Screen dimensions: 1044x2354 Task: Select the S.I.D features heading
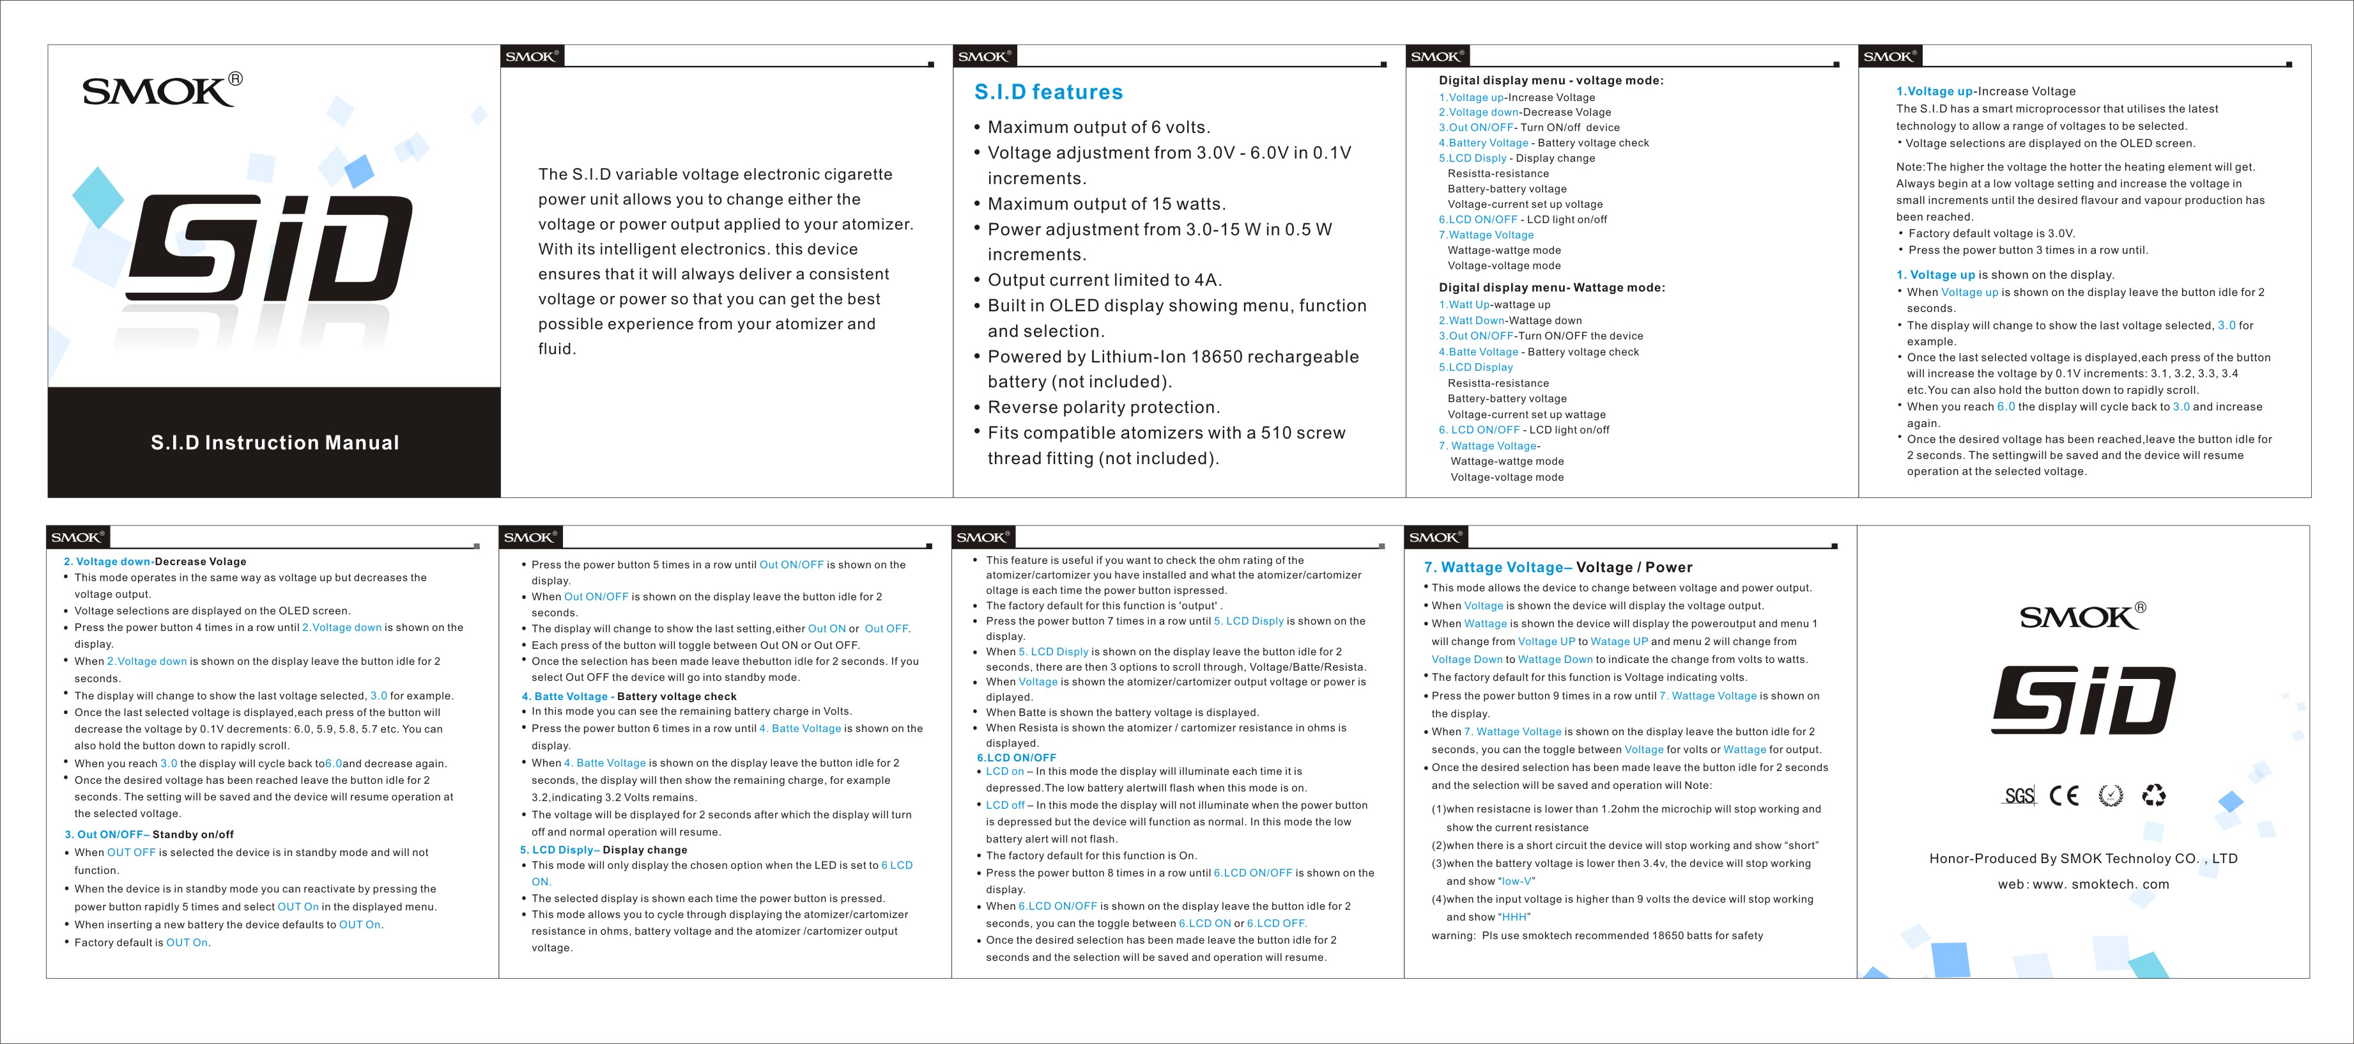pos(1048,92)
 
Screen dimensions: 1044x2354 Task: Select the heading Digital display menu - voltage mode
pos(1551,81)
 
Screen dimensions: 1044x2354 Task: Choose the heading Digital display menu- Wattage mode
pos(1551,288)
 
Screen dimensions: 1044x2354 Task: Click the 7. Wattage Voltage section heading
pos(1558,568)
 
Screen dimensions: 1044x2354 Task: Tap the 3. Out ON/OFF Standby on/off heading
pos(149,835)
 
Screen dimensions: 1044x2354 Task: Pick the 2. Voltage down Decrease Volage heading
pos(155,561)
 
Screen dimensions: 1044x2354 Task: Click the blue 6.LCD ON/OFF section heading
pos(1016,758)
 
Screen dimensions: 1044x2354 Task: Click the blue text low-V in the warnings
pos(1516,881)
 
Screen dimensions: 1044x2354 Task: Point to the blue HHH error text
pos(1514,917)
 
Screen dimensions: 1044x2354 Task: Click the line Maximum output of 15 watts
pos(1105,204)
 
